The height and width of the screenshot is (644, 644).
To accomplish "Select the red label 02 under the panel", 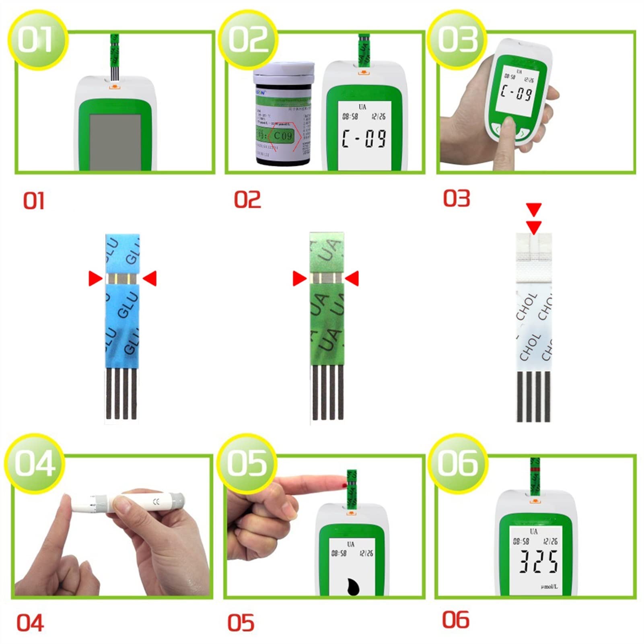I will coord(247,200).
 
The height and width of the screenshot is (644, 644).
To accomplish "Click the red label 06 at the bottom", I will coord(455,620).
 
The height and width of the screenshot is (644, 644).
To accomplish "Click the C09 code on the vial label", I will coord(283,136).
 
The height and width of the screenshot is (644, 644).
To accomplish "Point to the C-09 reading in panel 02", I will coord(364,138).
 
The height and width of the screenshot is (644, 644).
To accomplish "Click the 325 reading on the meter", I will coord(538,562).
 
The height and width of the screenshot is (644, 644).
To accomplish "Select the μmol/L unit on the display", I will coord(549,587).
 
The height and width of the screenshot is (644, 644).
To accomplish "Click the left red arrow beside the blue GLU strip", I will coord(95,278).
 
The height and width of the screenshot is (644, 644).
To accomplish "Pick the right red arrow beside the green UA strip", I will coord(352,278).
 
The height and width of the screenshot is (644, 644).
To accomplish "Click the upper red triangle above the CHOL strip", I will coord(534,209).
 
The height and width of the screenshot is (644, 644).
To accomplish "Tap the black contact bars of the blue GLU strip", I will coord(121,394).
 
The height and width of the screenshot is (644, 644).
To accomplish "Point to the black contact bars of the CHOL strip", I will coord(533,397).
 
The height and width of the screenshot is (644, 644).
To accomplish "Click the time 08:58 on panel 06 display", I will coord(521,541).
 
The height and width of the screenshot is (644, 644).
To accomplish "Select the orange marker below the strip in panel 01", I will coord(114,86).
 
